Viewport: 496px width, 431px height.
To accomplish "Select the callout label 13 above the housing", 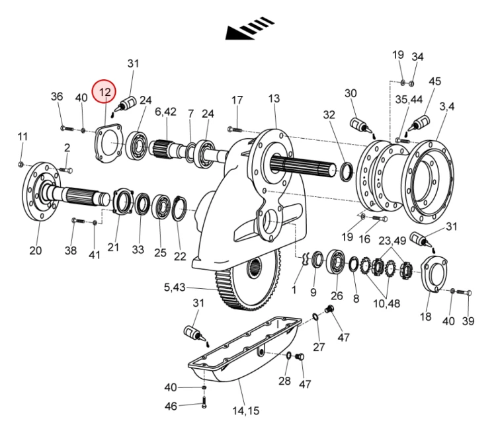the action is click(274, 98).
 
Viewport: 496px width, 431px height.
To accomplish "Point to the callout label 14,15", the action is click(246, 411).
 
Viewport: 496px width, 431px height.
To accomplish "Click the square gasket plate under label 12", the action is click(108, 143).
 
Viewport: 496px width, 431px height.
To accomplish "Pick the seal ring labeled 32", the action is click(347, 171).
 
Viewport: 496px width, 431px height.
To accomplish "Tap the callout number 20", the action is click(36, 251).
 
